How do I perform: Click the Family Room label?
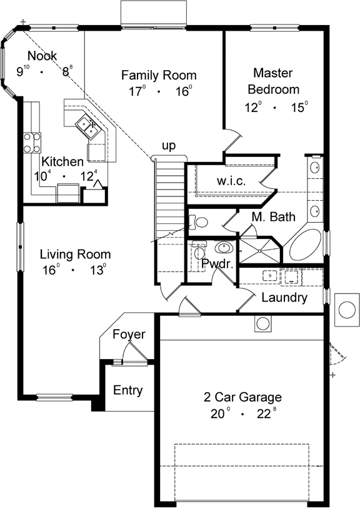(x=154, y=76)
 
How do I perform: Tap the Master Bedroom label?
(x=276, y=81)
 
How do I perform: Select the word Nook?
(x=42, y=56)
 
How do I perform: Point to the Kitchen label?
(x=62, y=162)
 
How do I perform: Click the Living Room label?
(x=75, y=255)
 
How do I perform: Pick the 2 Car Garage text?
(x=242, y=397)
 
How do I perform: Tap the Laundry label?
(x=284, y=298)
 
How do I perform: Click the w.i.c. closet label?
(x=231, y=180)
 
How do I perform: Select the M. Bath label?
(x=274, y=217)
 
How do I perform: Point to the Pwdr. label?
(x=217, y=264)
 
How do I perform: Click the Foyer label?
(x=129, y=335)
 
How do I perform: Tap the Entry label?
(x=127, y=390)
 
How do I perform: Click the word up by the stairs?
(x=169, y=146)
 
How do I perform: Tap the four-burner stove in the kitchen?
(x=32, y=141)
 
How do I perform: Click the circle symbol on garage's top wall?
(x=262, y=323)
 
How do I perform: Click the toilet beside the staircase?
(x=200, y=221)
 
